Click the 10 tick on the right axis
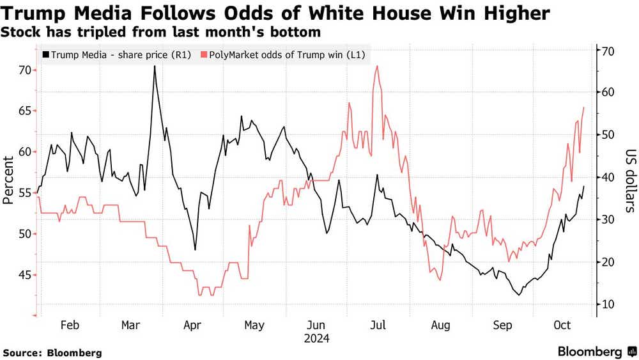click(x=607, y=304)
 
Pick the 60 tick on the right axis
click(x=607, y=93)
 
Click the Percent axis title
click(x=8, y=180)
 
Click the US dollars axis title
click(x=629, y=181)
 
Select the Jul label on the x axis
click(x=378, y=325)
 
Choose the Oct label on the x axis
click(x=562, y=325)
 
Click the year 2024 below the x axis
click(x=316, y=339)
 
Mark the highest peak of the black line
click(x=155, y=66)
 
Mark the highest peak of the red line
click(x=378, y=66)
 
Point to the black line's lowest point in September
click(x=518, y=295)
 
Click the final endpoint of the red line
click(x=584, y=107)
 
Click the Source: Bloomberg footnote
click(x=52, y=352)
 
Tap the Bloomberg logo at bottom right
click(x=596, y=351)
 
